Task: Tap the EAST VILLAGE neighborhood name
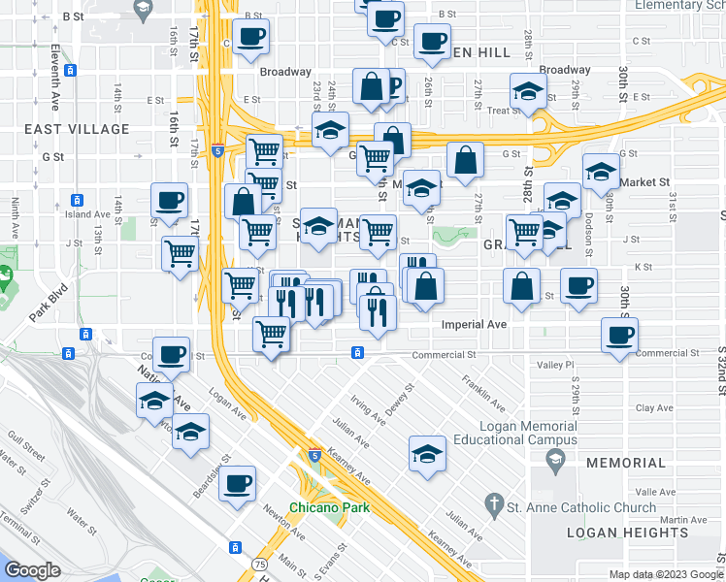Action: pyautogui.click(x=78, y=129)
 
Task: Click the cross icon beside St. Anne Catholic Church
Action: pyautogui.click(x=494, y=504)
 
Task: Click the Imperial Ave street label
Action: pyautogui.click(x=476, y=325)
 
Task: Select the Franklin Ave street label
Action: pyautogui.click(x=482, y=392)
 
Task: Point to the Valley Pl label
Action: pyautogui.click(x=556, y=365)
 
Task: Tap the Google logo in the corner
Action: pyautogui.click(x=33, y=571)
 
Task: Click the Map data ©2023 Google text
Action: pyautogui.click(x=664, y=574)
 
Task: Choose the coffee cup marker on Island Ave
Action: pyautogui.click(x=169, y=201)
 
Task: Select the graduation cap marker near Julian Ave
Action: pyautogui.click(x=426, y=454)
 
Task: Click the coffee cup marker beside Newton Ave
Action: pyautogui.click(x=237, y=482)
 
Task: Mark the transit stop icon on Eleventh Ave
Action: pyautogui.click(x=70, y=70)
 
